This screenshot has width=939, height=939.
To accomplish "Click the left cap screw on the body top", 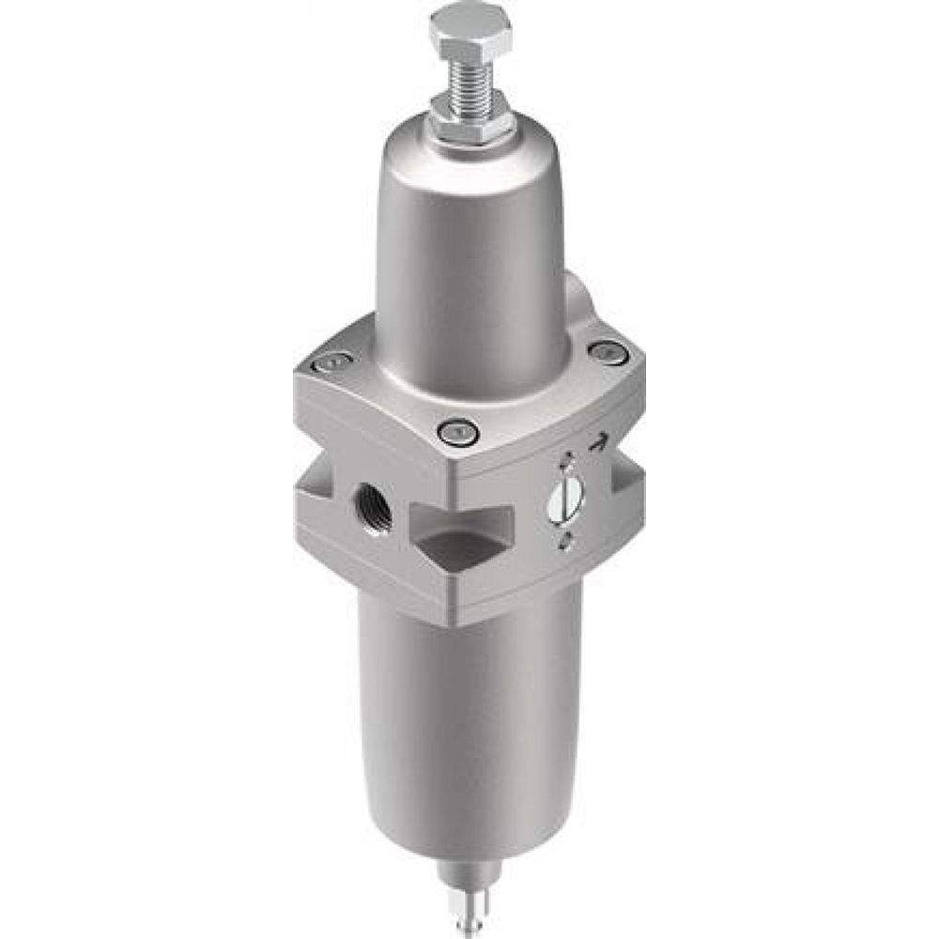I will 332,362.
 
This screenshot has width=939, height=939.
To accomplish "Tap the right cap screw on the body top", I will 608,352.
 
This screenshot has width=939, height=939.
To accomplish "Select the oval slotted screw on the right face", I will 565,499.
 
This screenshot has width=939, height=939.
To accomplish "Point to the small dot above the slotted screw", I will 567,460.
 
